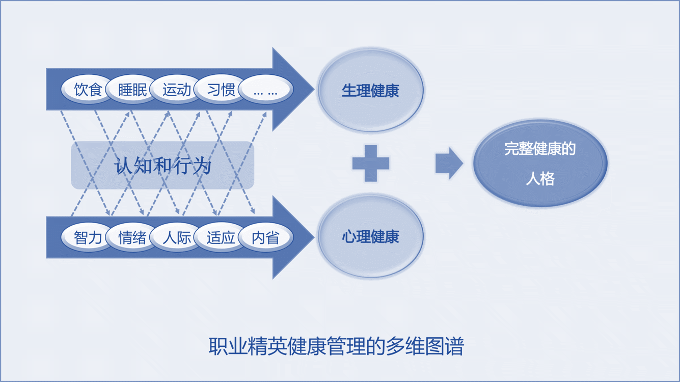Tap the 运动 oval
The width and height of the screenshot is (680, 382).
(x=177, y=90)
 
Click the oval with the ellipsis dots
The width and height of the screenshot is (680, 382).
(x=265, y=90)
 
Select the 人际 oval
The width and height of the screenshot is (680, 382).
(x=177, y=237)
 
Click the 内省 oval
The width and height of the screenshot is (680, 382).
(x=265, y=237)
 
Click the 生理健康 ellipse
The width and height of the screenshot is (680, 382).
(x=370, y=91)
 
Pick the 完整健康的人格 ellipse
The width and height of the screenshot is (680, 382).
(x=540, y=163)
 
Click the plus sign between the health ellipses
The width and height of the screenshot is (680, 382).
(x=371, y=163)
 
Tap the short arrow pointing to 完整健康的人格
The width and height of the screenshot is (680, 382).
(x=449, y=163)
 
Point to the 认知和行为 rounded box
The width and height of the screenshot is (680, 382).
(x=162, y=166)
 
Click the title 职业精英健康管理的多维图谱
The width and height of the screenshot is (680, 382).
(x=336, y=347)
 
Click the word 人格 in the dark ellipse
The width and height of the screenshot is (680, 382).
(x=540, y=179)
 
